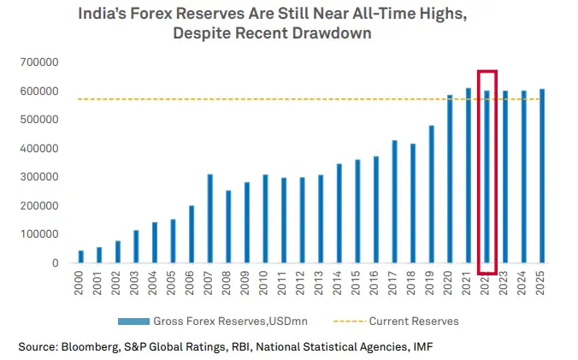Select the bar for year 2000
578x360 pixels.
81,256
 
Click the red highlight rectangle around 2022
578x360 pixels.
487,72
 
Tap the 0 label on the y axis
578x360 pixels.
53,263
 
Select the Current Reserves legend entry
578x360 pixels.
413,322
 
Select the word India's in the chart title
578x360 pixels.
103,15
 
